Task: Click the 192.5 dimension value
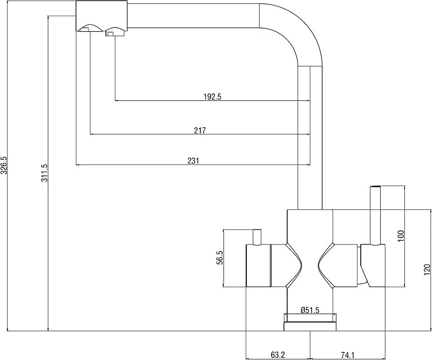tap(212, 97)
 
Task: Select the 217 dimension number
tap(200, 130)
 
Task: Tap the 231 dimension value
tap(193, 161)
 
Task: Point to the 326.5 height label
tap(4, 166)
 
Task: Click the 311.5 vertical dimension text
tap(45, 173)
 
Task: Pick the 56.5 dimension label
tap(220, 258)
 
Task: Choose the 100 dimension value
tap(401, 236)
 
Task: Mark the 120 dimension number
tap(427, 269)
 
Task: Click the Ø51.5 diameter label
tap(310, 310)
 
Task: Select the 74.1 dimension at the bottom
tap(347, 355)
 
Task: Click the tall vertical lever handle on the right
tap(375, 215)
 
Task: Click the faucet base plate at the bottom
tap(310, 327)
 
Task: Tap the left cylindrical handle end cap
tap(258, 266)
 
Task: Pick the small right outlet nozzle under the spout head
tap(116, 32)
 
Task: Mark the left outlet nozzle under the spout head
tap(90, 28)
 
